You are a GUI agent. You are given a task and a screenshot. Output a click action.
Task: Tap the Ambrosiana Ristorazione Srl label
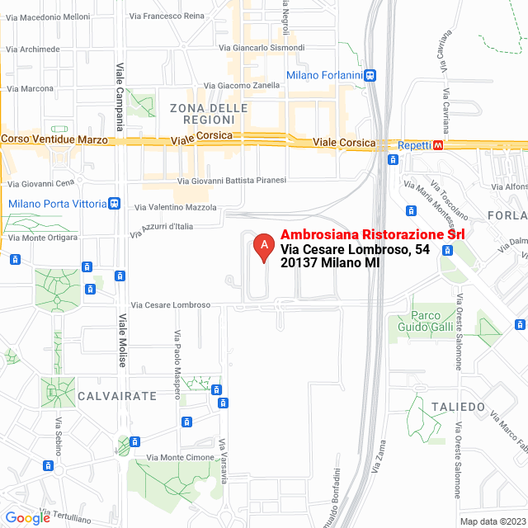tap(373, 234)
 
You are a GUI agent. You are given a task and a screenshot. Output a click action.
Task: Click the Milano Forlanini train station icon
tap(371, 75)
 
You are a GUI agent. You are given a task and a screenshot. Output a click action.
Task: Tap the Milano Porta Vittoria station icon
tap(115, 203)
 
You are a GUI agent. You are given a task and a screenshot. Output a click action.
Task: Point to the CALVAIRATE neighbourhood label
tap(117, 396)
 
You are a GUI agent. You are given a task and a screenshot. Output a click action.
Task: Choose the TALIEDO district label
tap(457, 407)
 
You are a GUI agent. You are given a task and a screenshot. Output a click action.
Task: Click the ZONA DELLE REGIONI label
tap(208, 114)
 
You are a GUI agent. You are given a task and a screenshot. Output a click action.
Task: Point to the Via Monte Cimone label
tap(180, 457)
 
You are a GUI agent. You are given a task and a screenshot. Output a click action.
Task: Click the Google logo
tap(28, 518)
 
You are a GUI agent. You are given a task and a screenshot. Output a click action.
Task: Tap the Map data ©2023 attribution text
tap(492, 521)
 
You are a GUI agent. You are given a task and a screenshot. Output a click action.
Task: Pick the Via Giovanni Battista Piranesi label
tap(232, 180)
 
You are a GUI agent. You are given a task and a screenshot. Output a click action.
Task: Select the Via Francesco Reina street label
tap(173, 16)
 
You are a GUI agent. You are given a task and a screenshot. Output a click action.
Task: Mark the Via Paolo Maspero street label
tap(177, 364)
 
